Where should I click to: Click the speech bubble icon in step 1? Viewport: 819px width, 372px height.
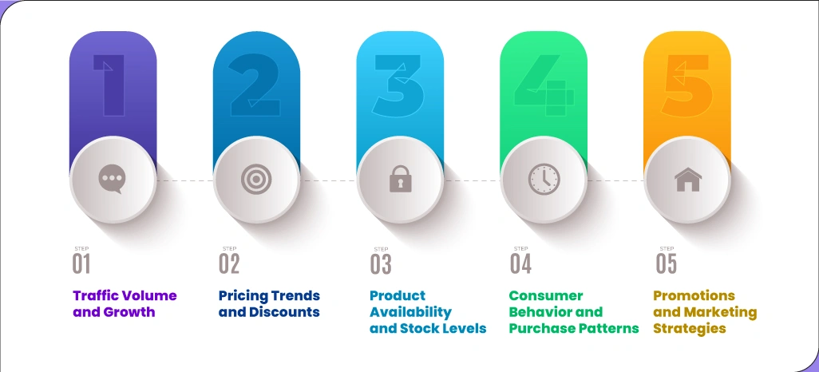[113, 179]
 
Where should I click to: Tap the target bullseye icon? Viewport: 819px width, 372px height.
[256, 179]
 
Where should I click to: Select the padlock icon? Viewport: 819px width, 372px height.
[400, 179]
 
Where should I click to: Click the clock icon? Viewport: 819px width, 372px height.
[544, 179]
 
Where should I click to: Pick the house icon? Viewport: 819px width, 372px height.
[687, 179]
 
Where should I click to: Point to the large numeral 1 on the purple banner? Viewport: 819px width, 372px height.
[109, 85]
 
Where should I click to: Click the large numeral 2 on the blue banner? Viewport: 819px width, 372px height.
[255, 85]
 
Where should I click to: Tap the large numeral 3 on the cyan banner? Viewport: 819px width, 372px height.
[398, 85]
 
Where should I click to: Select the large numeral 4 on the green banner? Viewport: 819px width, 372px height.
[544, 85]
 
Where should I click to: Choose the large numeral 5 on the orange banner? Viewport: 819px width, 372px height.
[687, 85]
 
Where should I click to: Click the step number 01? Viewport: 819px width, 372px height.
[81, 264]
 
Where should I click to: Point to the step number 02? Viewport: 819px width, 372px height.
[229, 264]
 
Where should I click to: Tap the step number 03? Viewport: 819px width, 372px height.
[380, 264]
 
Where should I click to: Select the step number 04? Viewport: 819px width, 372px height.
[520, 264]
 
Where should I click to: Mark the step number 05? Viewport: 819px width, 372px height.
[666, 264]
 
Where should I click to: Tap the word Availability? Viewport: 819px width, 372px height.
[410, 312]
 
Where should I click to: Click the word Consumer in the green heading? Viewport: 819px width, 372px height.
[546, 295]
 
